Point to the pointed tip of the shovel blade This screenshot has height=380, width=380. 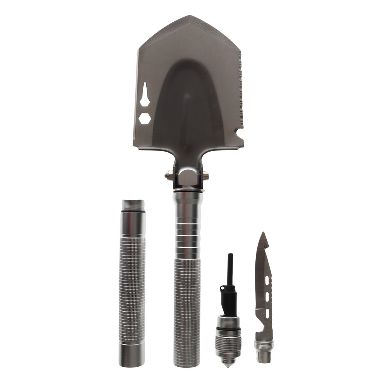189,17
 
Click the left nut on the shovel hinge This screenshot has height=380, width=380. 167,176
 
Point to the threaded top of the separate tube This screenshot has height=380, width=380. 133,206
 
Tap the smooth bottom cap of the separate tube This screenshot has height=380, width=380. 132,355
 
